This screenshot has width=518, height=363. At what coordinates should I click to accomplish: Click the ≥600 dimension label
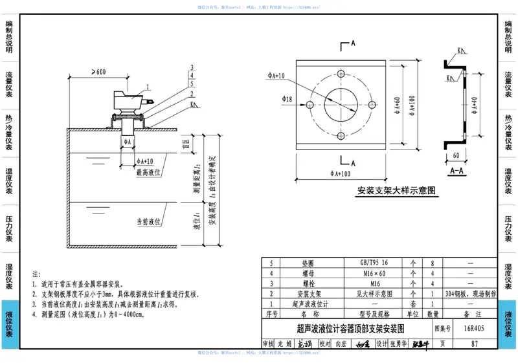pos(98,72)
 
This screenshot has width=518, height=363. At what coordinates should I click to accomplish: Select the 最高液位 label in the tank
pos(148,172)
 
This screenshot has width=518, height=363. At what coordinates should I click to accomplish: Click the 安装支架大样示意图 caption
pos(397,191)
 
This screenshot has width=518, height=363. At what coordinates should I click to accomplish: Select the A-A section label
pos(456,171)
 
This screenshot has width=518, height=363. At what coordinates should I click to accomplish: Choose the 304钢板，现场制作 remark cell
pos(470,293)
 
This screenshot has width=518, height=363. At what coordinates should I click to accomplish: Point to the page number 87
pos(475,344)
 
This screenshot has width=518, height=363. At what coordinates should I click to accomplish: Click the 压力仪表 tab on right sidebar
pos(508,230)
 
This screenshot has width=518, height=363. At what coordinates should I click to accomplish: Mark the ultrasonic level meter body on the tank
pos(126,99)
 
